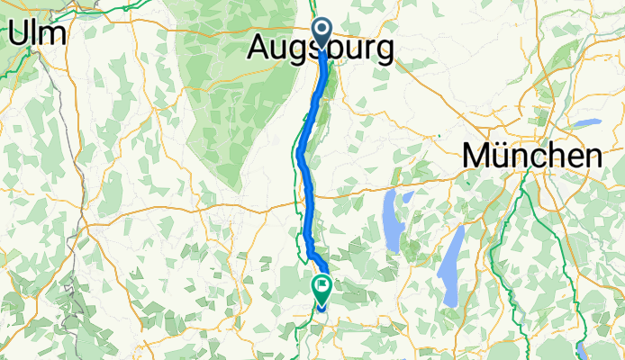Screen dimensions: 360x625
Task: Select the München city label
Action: pyautogui.click(x=532, y=155)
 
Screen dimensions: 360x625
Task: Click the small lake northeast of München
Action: pyautogui.click(x=587, y=121)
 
